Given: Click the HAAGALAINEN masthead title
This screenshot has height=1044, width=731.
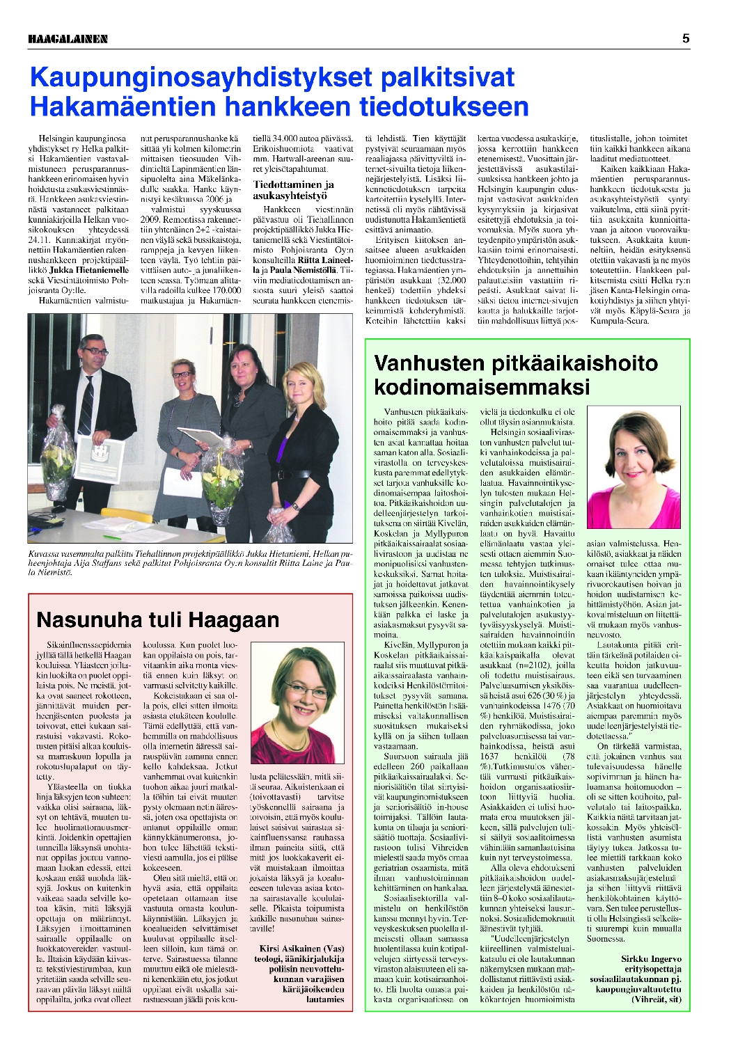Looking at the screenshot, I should click(68, 39).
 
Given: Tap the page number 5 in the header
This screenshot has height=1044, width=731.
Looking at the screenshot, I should click(686, 39).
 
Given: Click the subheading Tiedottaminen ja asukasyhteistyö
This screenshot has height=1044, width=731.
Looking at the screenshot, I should click(293, 190).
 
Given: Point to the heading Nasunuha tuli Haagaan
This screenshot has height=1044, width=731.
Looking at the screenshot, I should click(157, 619).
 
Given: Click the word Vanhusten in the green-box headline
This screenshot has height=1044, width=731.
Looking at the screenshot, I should click(429, 363).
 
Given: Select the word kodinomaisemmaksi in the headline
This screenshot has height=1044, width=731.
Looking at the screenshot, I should click(482, 387).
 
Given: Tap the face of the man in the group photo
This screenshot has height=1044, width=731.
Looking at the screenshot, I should click(96, 354).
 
